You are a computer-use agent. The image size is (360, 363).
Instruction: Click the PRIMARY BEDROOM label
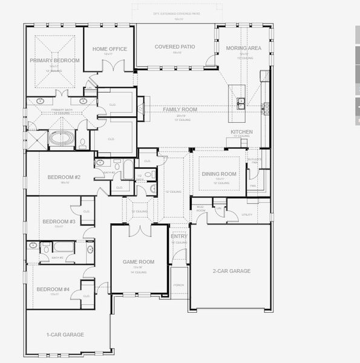(55, 60)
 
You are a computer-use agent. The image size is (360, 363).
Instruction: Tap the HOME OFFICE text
(110, 49)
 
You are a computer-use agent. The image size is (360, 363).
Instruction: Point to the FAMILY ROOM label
(180, 110)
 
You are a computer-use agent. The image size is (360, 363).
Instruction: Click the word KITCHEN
(241, 131)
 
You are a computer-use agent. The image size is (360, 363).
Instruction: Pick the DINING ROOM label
(218, 174)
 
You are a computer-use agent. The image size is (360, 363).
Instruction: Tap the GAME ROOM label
(139, 262)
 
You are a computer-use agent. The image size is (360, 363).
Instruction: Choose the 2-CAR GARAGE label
(231, 271)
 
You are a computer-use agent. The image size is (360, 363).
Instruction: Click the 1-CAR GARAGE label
(65, 334)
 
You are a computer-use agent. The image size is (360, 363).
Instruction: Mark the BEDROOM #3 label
(59, 221)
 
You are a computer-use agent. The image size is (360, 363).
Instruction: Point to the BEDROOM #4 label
(53, 289)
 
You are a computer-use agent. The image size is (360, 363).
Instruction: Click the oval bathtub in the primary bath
(61, 139)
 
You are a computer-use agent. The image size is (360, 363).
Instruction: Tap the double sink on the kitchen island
(241, 102)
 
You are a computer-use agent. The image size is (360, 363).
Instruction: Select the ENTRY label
(179, 237)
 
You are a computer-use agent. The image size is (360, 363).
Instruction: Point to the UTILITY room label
(247, 214)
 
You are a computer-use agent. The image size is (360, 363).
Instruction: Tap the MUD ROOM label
(200, 209)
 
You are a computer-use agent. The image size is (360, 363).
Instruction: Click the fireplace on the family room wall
(140, 109)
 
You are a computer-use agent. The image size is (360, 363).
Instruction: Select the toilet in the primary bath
(82, 143)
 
